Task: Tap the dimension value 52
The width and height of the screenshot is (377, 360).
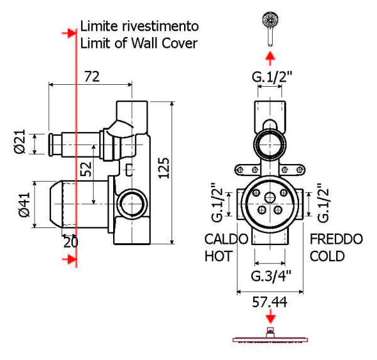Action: [x=85, y=169]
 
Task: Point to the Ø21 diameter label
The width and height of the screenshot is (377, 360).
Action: [x=19, y=142]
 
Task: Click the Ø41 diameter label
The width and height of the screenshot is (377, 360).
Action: [x=25, y=204]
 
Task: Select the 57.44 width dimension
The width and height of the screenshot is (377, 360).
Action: [x=270, y=302]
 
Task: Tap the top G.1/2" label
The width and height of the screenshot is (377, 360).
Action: [x=272, y=77]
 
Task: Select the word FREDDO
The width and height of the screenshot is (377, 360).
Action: [x=336, y=239]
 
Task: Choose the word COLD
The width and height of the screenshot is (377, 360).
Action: [x=327, y=256]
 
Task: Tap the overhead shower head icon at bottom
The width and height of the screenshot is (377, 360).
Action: [x=270, y=337]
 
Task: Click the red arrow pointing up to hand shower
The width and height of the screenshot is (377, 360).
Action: [x=270, y=59]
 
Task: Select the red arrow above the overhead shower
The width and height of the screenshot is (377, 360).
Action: [x=270, y=318]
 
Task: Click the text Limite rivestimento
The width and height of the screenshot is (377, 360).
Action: [x=139, y=27]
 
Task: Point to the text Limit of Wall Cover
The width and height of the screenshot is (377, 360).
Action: [x=139, y=43]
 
